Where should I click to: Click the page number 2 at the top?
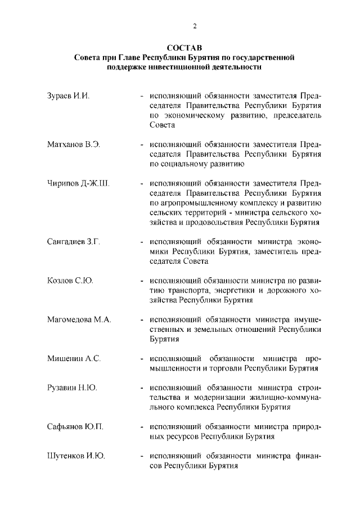click(x=195, y=25)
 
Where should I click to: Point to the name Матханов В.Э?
click(x=73, y=143)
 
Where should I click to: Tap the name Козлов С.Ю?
click(x=69, y=281)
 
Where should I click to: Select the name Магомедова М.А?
click(x=79, y=319)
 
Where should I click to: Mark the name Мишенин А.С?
click(x=74, y=359)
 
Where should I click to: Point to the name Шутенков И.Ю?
click(x=76, y=456)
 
